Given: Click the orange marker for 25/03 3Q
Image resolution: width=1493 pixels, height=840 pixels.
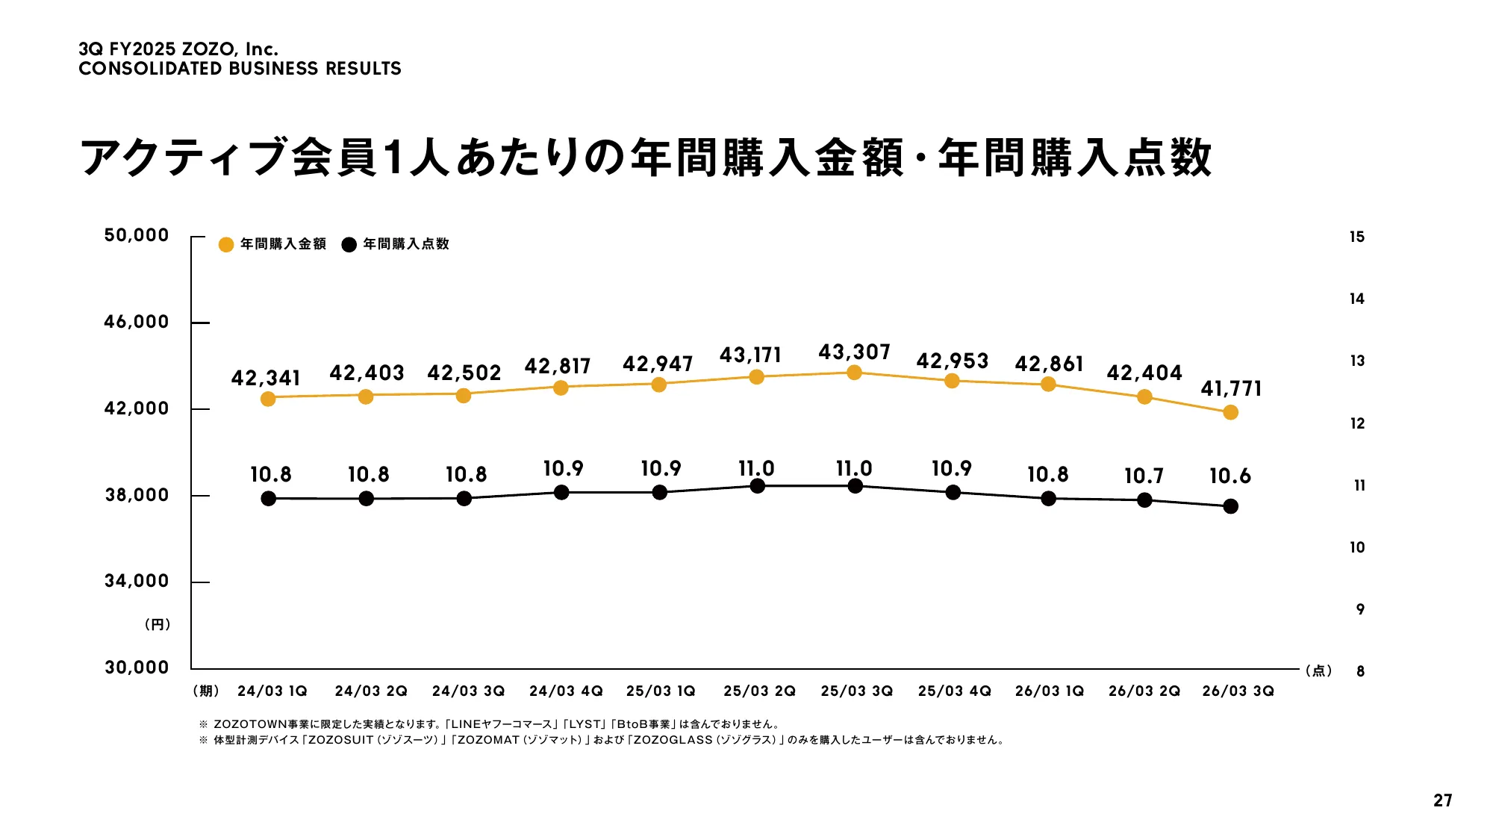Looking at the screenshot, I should point(854,373).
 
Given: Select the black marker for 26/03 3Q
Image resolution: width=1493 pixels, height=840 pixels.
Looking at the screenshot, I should point(1230,506).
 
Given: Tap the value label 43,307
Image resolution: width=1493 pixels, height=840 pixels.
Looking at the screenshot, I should point(854,352).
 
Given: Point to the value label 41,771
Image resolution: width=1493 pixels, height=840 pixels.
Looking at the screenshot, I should point(1230,388).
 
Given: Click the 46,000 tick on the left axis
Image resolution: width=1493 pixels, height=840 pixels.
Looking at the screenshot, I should point(137,322).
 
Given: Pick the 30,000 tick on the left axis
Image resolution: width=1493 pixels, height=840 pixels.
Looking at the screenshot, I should point(137,667).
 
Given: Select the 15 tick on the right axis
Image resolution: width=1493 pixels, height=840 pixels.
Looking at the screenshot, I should point(1356,237).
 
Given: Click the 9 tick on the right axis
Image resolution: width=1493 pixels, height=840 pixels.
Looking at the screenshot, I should point(1360,609).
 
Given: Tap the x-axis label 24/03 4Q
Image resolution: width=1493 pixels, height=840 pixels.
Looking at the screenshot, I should point(566,691).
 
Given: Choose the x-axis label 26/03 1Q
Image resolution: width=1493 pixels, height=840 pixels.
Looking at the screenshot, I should point(1049,691).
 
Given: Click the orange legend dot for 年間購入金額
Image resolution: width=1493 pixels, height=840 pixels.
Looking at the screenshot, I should point(226,245).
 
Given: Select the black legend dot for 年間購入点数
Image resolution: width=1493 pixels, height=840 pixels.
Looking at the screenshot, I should point(349,245).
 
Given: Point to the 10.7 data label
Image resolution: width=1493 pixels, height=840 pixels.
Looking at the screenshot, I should point(1144,476).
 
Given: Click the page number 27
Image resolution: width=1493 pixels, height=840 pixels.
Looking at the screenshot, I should point(1442,800).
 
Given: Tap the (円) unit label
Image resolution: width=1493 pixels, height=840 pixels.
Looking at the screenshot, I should point(158,624).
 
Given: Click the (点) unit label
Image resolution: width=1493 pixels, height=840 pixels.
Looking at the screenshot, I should point(1318,671).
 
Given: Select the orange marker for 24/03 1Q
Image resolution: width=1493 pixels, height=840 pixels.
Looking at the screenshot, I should point(268,399).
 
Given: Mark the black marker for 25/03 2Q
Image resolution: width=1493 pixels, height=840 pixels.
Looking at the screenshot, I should point(757,486).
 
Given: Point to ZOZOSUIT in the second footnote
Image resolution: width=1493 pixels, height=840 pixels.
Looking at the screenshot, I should point(340,740).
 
